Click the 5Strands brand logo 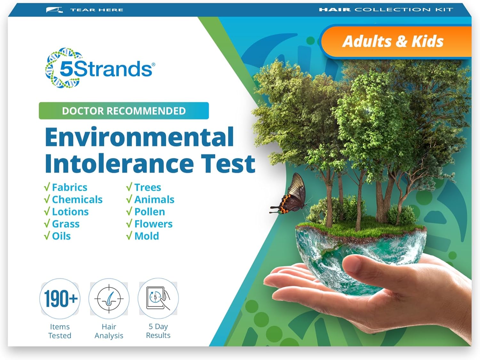pos(100,68)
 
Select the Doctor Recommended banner pos(124,111)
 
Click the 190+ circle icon pos(60,299)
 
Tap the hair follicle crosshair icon pos(109,299)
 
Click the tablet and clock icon pos(158,299)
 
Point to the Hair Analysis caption pos(109,331)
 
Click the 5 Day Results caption pos(158,331)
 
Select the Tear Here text pos(97,10)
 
